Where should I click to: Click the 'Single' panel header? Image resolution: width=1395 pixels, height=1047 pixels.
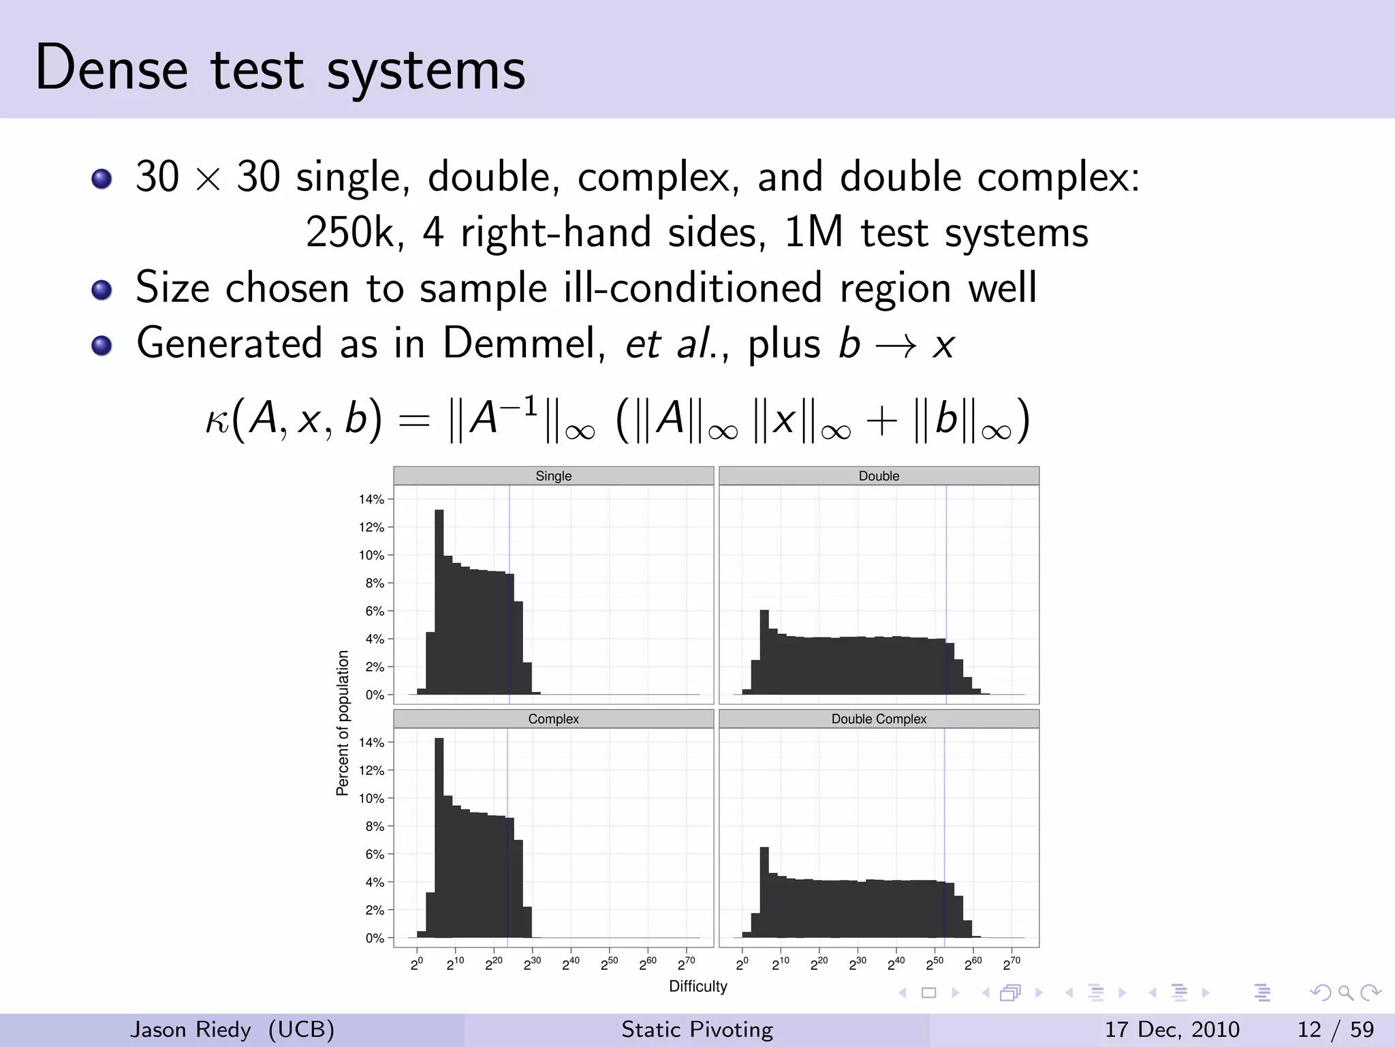click(553, 476)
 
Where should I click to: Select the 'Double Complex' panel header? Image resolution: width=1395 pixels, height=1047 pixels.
click(879, 719)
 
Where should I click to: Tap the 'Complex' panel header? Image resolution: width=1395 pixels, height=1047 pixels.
click(553, 719)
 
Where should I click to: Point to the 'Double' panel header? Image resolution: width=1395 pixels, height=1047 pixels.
click(879, 476)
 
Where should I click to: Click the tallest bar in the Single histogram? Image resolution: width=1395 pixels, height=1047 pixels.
click(439, 600)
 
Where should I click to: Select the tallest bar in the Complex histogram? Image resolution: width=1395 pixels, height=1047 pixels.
click(439, 838)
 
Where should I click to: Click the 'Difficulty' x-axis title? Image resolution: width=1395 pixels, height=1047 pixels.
click(697, 986)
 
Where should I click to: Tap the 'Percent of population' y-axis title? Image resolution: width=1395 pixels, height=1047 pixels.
click(343, 723)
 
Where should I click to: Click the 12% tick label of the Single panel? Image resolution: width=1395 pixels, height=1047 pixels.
click(372, 528)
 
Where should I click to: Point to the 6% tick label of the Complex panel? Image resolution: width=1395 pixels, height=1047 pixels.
click(375, 854)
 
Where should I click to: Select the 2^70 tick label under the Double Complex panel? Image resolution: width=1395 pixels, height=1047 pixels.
click(1012, 964)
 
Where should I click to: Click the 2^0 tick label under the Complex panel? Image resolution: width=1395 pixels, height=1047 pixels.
click(417, 964)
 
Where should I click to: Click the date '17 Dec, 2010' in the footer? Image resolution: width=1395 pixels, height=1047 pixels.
click(1172, 1029)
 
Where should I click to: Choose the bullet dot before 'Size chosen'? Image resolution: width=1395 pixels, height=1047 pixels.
click(101, 290)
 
